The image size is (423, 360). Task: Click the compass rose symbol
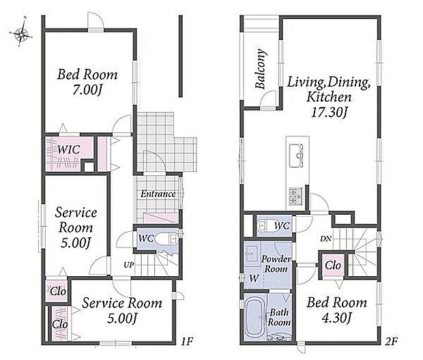(21, 33)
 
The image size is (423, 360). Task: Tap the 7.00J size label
(87, 90)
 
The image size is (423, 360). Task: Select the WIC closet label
(69, 149)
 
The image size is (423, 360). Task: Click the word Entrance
(158, 194)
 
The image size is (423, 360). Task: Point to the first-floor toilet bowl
(166, 239)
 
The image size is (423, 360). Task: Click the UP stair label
(129, 265)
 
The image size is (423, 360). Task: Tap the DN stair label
(326, 239)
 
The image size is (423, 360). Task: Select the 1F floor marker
(187, 342)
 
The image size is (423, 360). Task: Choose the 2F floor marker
(391, 342)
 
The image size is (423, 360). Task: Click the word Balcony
(261, 69)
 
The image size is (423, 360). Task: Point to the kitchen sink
(296, 155)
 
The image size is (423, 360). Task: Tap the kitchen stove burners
(295, 196)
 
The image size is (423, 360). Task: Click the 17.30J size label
(329, 112)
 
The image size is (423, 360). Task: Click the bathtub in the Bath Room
(255, 318)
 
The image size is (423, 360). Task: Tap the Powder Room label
(276, 264)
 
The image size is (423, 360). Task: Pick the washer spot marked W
(254, 278)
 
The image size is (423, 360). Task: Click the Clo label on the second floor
(333, 265)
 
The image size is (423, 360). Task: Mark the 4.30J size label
(336, 318)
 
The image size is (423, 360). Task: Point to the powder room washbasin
(252, 254)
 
